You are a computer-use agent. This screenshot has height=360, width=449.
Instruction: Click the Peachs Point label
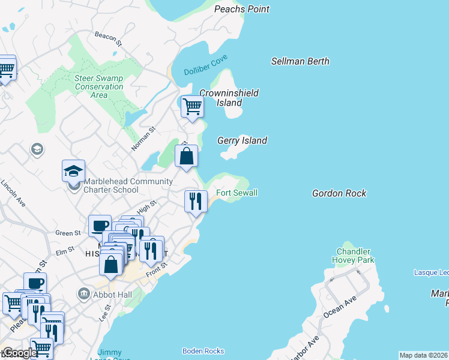[x=242, y=9]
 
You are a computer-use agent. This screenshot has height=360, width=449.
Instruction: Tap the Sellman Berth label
[x=300, y=61]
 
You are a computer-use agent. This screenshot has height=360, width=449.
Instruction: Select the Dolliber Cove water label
[x=206, y=70]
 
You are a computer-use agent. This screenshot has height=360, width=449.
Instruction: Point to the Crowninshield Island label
[x=229, y=98]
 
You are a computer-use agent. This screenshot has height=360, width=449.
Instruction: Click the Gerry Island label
[x=241, y=140]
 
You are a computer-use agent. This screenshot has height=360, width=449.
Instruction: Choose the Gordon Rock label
[x=339, y=193]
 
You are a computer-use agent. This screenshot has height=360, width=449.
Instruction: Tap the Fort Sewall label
[x=237, y=193]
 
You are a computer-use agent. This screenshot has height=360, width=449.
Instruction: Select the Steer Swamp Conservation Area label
[x=99, y=86]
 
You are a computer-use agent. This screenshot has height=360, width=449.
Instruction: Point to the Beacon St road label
[x=109, y=40]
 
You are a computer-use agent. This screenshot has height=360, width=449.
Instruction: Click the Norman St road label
[x=144, y=138]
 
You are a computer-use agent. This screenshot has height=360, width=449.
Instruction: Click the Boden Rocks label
[x=203, y=351]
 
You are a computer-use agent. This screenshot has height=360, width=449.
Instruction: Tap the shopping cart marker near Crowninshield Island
[x=192, y=107]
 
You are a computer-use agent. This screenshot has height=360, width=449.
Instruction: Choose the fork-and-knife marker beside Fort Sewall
[x=196, y=200]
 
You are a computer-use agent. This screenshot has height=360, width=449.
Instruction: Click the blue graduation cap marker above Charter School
[x=73, y=171]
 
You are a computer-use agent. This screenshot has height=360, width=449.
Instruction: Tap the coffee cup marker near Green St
[x=100, y=226]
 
